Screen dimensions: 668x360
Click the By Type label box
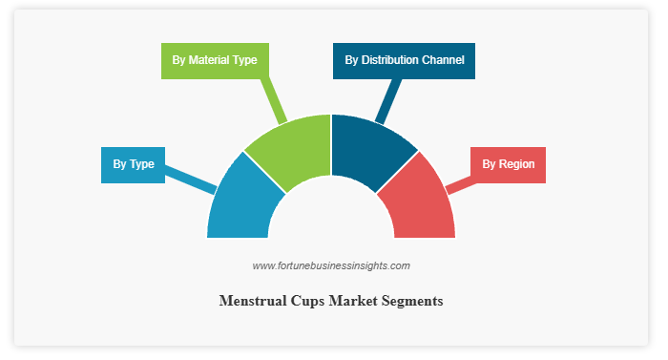point(133,165)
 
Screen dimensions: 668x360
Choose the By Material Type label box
point(215,61)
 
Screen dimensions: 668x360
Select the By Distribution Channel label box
point(404,61)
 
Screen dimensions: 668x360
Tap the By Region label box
point(508,165)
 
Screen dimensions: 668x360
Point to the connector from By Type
point(191,180)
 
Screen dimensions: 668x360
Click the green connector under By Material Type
point(274,101)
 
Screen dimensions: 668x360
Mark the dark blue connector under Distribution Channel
point(388,101)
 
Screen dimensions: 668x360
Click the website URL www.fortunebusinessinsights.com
point(331,265)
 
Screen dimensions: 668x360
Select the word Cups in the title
point(307,302)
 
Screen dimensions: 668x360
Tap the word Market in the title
point(353,301)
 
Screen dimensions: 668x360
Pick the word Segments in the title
point(412,302)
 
